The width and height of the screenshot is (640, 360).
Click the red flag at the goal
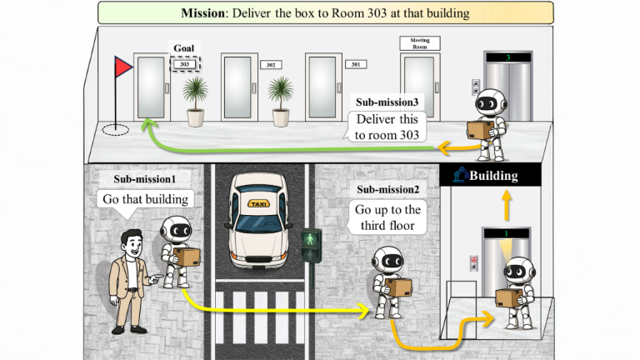tap(124, 67)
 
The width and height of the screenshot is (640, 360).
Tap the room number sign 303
tap(184, 62)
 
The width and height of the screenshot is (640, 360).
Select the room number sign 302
tap(269, 64)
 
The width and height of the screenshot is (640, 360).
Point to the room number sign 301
tap(355, 64)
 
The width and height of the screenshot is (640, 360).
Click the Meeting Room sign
tap(420, 42)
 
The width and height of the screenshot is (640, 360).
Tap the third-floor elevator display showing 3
tap(508, 57)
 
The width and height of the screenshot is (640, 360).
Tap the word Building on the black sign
tap(493, 176)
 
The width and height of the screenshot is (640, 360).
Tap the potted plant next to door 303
tap(195, 100)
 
